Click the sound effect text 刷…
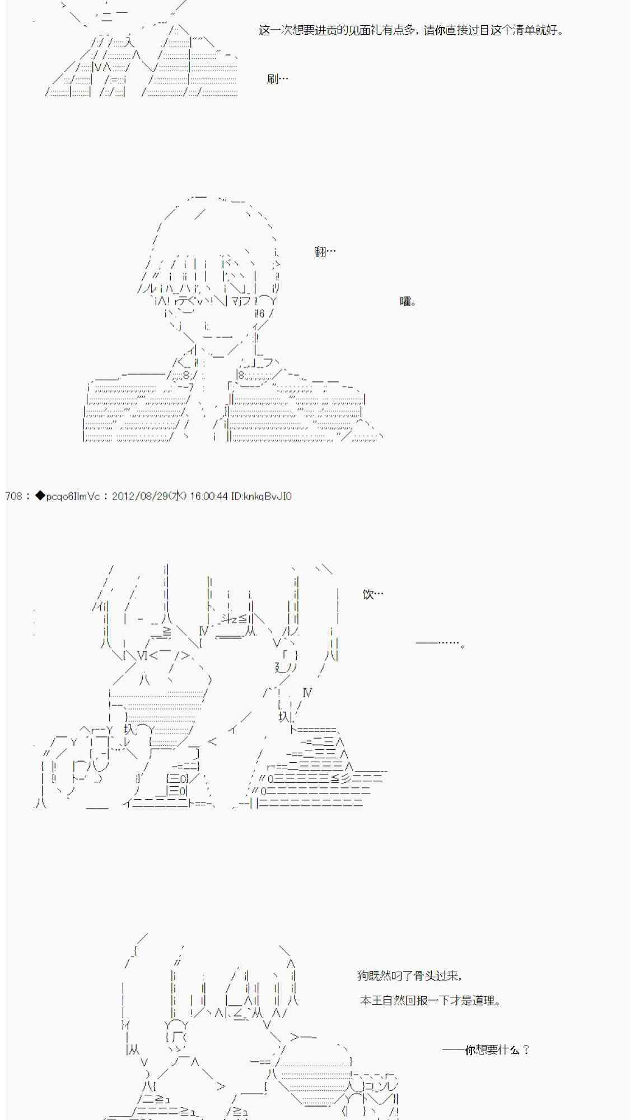coord(278,79)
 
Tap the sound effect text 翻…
coord(325,251)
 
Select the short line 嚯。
coord(408,302)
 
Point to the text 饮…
coord(373,594)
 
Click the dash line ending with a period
coord(441,643)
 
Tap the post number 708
coord(13,496)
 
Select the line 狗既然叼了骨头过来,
coord(410,976)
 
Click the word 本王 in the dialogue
coord(371,1000)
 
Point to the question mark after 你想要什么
coord(526,1049)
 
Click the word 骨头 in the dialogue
coord(425,976)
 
